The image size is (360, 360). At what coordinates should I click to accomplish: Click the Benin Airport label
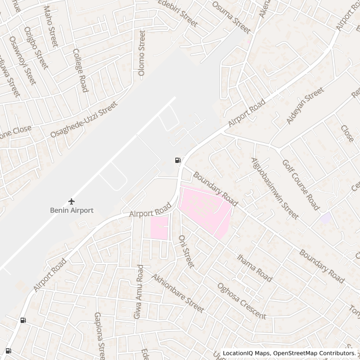point(71,211)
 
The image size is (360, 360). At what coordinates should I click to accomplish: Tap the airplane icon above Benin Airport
point(72,201)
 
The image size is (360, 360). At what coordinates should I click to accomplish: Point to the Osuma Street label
point(231,16)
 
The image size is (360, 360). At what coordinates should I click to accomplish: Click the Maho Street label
point(51,27)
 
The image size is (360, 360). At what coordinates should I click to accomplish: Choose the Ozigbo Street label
point(36,46)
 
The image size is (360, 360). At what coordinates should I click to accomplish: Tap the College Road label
point(80,70)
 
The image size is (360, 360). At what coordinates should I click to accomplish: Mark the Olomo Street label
point(141,54)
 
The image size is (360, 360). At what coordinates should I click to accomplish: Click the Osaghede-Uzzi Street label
point(84,119)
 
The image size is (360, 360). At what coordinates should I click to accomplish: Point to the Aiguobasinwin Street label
point(275,188)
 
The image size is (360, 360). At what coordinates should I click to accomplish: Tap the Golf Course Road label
point(301,185)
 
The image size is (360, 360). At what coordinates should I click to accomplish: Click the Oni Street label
point(185,252)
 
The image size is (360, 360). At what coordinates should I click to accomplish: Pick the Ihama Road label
point(255,268)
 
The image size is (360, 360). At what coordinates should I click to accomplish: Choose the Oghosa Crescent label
point(241,301)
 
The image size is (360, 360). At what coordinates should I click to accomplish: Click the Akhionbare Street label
point(178,293)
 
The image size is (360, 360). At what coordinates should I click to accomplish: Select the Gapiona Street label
point(99,336)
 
